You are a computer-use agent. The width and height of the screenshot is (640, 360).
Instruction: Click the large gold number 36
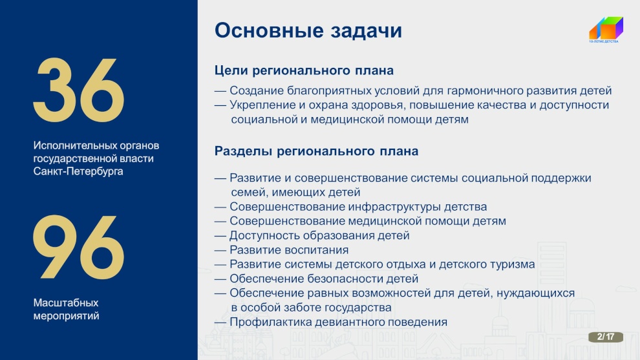tap(78, 90)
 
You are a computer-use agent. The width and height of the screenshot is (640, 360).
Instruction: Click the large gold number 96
tap(78, 248)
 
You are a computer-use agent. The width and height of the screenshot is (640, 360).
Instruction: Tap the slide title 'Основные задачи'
tap(308, 30)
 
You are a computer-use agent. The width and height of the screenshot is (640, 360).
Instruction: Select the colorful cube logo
tap(606, 28)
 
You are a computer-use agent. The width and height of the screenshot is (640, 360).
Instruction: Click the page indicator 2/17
tap(606, 337)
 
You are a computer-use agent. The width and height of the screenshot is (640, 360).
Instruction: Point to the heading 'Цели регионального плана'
tap(304, 70)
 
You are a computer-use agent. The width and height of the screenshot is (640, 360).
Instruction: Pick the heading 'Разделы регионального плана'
tap(316, 151)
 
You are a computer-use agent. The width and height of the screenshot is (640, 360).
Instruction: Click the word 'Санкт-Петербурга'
tap(78, 171)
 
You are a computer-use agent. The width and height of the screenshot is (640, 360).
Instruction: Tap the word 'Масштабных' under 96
tap(66, 303)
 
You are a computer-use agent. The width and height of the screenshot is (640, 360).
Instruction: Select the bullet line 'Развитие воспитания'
tap(289, 249)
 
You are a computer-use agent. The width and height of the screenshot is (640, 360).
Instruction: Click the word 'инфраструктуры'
tap(394, 207)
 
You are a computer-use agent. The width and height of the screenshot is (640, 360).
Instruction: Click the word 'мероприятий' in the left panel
tap(66, 316)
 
